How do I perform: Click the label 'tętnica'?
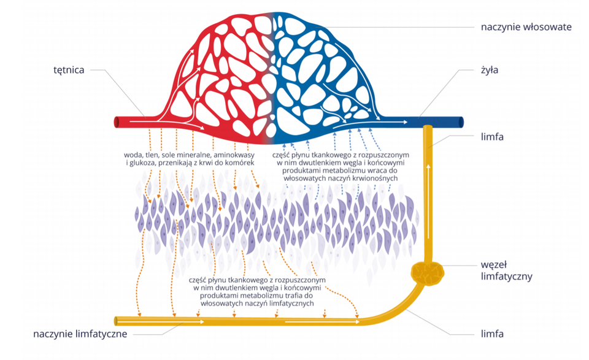coord(69,70)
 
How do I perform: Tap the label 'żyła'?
coord(490,70)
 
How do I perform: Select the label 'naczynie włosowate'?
coord(526,27)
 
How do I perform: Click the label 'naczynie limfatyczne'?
coord(80,334)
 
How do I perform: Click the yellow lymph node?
coord(428,272)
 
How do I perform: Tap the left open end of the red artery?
coord(117,122)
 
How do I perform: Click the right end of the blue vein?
coord(461,122)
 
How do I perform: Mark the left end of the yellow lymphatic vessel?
coord(117,320)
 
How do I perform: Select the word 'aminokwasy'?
coord(230,155)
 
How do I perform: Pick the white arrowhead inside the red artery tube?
coord(200,127)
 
